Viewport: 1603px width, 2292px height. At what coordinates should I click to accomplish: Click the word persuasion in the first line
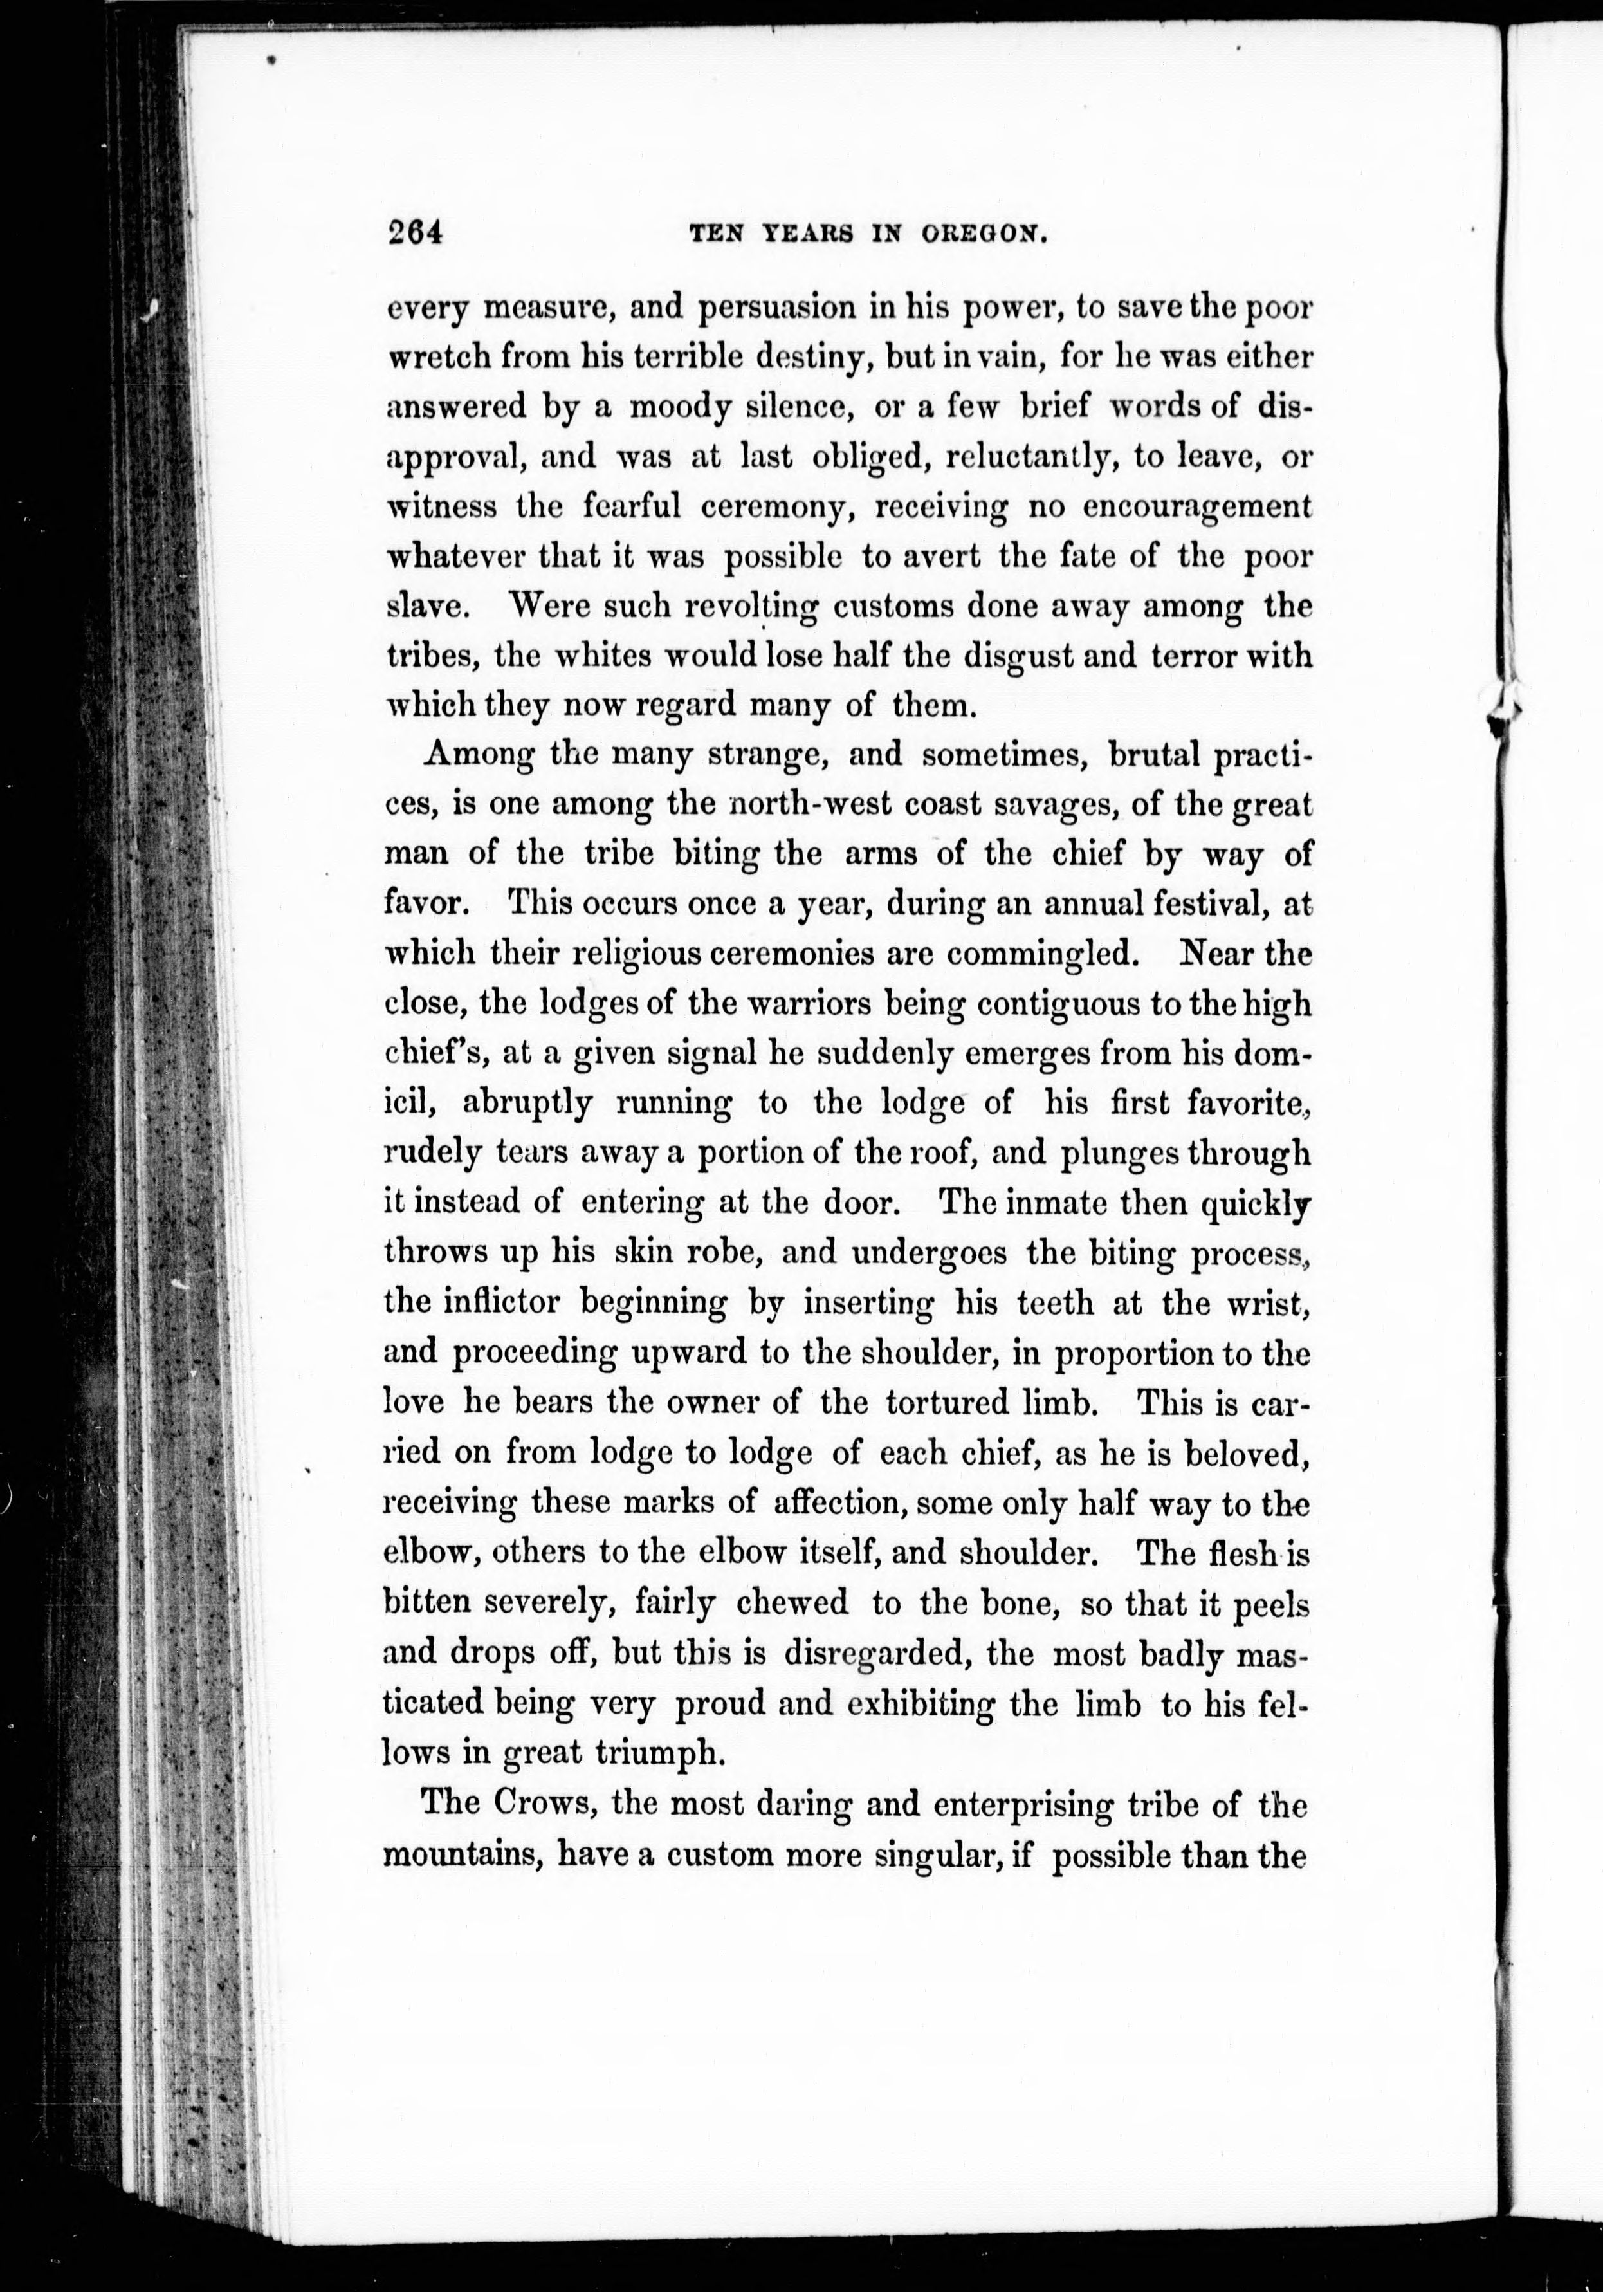(774, 308)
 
